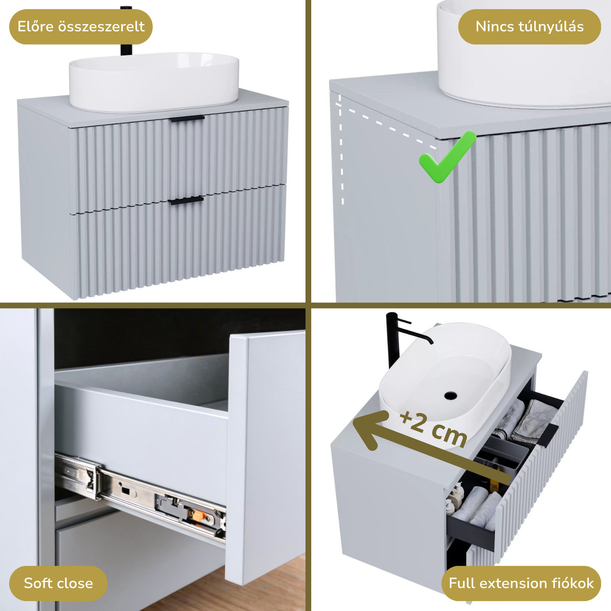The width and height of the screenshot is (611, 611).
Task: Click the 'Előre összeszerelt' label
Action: (x=81, y=27)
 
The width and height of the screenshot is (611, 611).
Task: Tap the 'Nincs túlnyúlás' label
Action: (x=530, y=27)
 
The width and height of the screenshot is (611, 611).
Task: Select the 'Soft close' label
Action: (x=58, y=583)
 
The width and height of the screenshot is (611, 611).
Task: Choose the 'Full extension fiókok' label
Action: (x=521, y=583)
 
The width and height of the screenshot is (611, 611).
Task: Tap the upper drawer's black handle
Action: (x=188, y=119)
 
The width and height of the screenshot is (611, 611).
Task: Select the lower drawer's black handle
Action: (x=186, y=200)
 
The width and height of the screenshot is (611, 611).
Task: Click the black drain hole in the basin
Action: (x=451, y=395)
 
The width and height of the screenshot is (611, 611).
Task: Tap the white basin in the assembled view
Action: (x=154, y=82)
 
